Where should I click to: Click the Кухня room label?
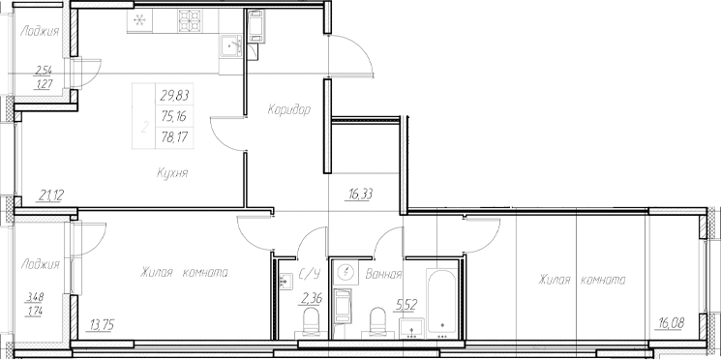[170, 172]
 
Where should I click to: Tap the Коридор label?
[289, 110]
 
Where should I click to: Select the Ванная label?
[384, 275]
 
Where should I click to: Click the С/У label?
[312, 275]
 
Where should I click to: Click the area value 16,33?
[360, 193]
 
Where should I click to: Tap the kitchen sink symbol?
[232, 45]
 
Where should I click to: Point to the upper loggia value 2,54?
[42, 70]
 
